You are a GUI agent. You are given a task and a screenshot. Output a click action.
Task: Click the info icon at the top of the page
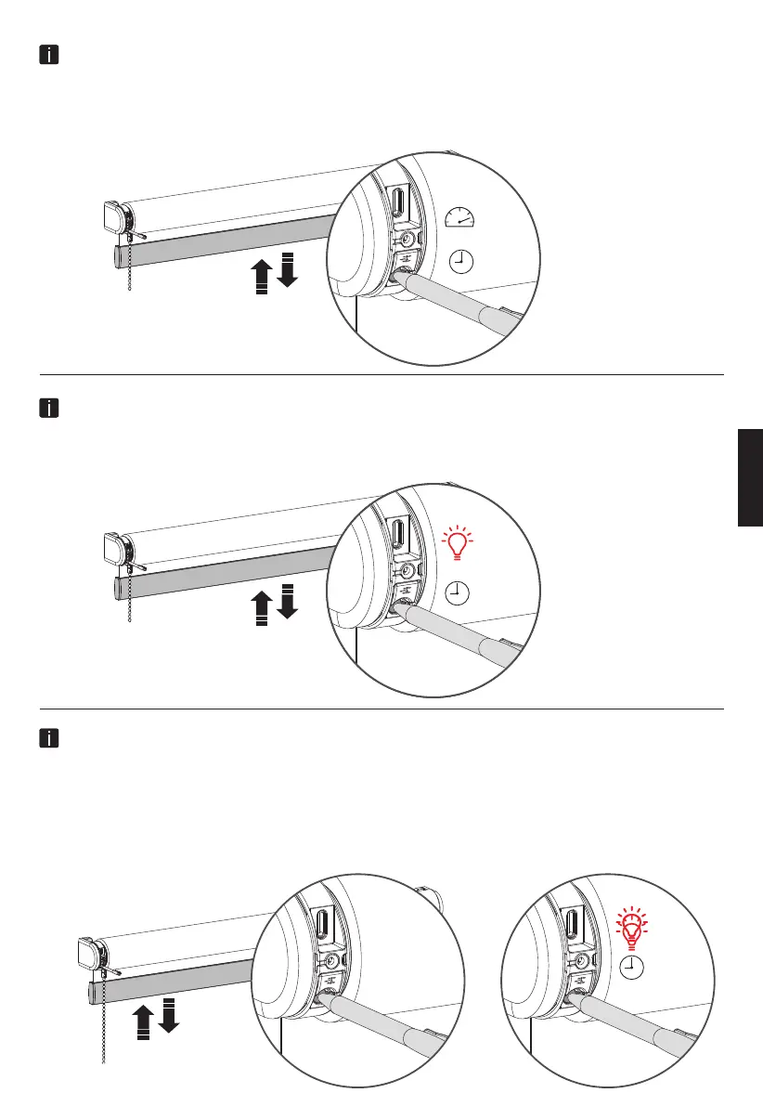pyautogui.click(x=49, y=56)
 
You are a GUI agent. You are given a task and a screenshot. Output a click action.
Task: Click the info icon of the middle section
pyautogui.click(x=49, y=408)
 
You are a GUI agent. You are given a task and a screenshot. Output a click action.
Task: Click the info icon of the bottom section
pyautogui.click(x=49, y=739)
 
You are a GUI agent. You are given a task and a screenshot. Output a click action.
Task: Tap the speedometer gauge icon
pyautogui.click(x=459, y=218)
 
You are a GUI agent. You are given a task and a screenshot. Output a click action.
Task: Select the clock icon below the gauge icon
pyautogui.click(x=459, y=263)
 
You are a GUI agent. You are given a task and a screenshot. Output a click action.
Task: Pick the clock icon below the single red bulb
pyautogui.click(x=459, y=591)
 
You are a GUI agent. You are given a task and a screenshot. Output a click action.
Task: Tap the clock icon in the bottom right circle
pyautogui.click(x=631, y=969)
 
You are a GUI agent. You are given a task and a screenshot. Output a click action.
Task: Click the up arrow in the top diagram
pyautogui.click(x=262, y=276)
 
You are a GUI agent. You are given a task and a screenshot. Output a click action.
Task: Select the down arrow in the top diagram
pyautogui.click(x=287, y=268)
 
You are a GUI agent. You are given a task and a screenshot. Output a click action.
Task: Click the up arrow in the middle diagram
pyautogui.click(x=262, y=608)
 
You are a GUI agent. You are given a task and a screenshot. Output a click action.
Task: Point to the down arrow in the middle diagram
pyautogui.click(x=287, y=601)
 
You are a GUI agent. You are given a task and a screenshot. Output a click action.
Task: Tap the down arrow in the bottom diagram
pyautogui.click(x=168, y=1014)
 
